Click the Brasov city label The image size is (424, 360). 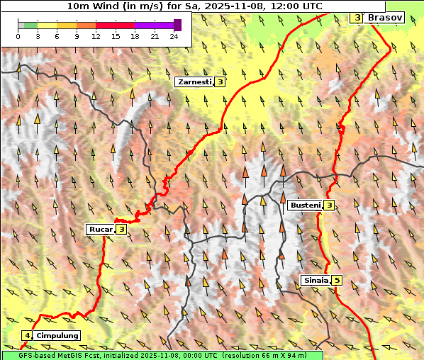pyautogui.click(x=385, y=17)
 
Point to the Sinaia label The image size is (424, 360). pyautogui.click(x=315, y=280)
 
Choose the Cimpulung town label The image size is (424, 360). pyautogui.click(x=57, y=335)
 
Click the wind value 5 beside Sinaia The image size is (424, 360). pyautogui.click(x=337, y=280)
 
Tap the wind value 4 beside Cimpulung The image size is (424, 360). pyautogui.click(x=27, y=335)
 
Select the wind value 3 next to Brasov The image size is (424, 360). pyautogui.click(x=357, y=17)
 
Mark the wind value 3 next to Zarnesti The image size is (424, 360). pyautogui.click(x=221, y=82)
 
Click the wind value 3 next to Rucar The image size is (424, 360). pyautogui.click(x=121, y=229)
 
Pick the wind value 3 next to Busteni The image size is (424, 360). pyautogui.click(x=329, y=206)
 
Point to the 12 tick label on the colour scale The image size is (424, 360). pyautogui.click(x=96, y=35)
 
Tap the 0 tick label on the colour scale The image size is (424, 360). pyautogui.click(x=18, y=35)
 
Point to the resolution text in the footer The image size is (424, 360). pyautogui.click(x=269, y=354)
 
